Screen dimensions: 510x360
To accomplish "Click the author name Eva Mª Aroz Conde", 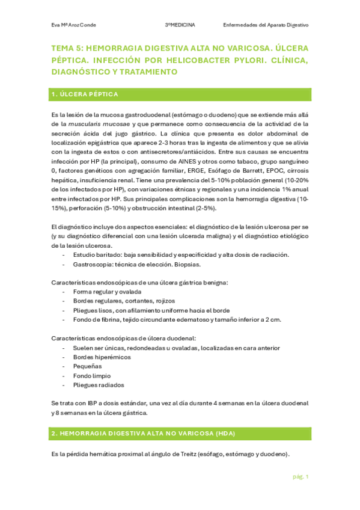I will click(75, 25).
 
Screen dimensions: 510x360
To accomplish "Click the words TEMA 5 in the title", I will click(67, 48).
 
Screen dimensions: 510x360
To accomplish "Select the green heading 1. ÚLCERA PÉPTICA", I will click(85, 94).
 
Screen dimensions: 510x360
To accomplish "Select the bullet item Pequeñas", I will click(87, 366).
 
